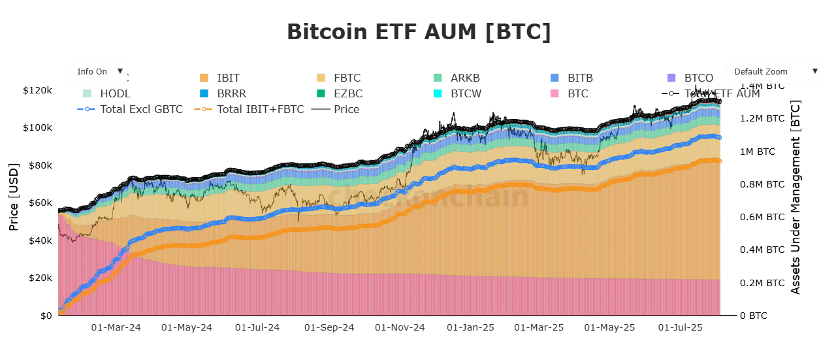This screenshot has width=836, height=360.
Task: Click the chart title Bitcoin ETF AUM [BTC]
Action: tap(419, 32)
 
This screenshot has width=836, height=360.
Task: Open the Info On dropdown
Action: tap(98, 71)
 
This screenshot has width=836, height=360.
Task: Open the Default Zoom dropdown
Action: tap(774, 71)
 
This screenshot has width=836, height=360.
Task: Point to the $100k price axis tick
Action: tap(37, 127)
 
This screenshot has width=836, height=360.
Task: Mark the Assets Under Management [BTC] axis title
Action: tap(796, 197)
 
